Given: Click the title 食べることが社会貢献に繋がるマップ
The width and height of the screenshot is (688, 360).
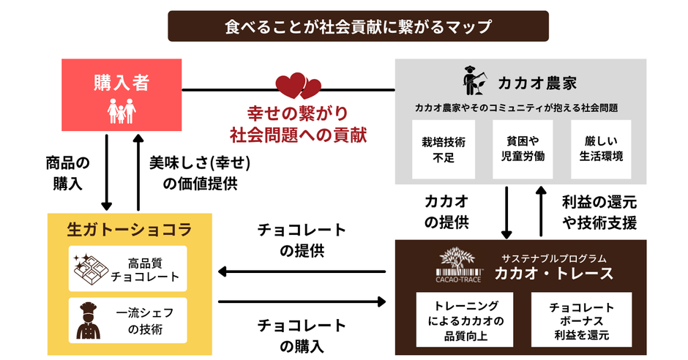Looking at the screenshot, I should [x=358, y=26].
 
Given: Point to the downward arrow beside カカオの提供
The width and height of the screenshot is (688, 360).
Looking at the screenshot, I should [x=506, y=212].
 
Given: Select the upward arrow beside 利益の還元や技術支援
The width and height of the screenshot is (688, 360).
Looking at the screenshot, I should [x=542, y=212].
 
